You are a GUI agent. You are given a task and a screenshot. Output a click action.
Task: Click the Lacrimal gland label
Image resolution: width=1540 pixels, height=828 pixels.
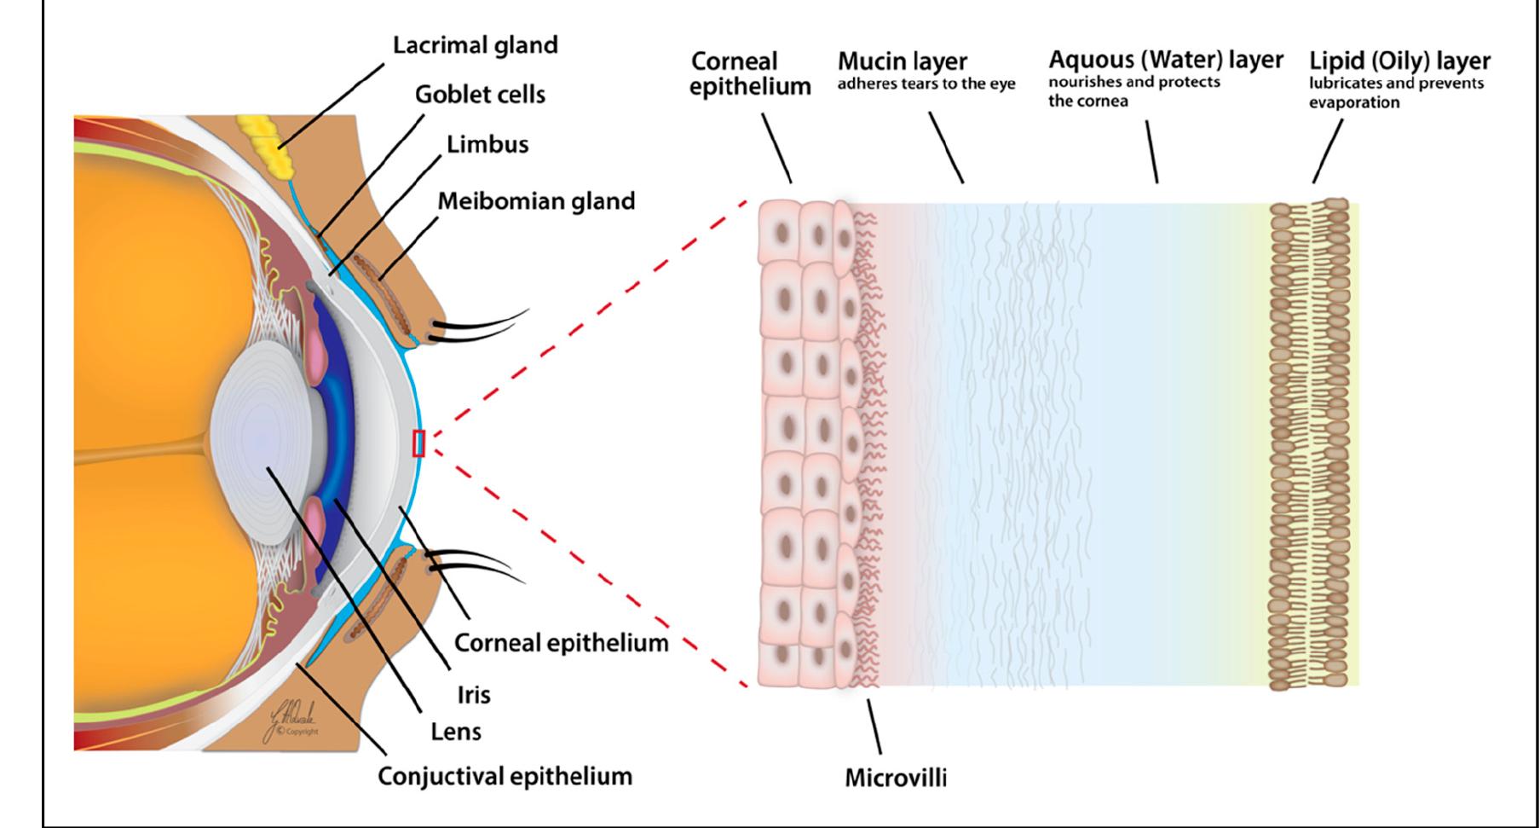point(475,45)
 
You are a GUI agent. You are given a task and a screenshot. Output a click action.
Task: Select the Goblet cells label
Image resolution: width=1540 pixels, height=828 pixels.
point(480,95)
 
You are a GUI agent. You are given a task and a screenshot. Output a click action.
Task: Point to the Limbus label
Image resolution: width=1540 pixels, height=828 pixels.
point(487,144)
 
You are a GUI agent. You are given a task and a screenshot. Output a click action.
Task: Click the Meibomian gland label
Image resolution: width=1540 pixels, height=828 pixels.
point(536,202)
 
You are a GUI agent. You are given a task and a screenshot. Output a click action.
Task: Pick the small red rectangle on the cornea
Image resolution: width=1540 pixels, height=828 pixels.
point(418,443)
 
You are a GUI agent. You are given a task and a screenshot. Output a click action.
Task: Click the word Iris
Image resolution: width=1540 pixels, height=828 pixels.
point(474,694)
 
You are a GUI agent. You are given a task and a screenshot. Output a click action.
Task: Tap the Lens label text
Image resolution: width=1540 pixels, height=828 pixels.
point(456,732)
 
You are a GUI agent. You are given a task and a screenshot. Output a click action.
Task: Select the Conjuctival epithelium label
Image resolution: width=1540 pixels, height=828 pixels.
point(505,777)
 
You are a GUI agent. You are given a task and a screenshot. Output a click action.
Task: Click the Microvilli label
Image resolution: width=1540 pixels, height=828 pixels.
point(895,778)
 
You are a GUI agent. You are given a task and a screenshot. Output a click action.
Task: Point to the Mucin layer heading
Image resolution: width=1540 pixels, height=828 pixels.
point(902,61)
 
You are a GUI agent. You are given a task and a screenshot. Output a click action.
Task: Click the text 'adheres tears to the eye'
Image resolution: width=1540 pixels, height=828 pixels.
point(926,84)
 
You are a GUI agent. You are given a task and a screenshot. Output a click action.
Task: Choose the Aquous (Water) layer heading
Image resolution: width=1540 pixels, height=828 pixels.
point(1165,60)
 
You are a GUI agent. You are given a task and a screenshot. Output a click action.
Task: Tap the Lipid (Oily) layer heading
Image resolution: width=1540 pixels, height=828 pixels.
point(1399,61)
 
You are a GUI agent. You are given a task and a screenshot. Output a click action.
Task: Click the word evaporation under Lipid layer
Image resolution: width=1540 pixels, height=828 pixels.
point(1353,102)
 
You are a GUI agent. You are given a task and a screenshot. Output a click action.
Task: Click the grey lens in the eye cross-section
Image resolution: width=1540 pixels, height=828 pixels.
point(264,443)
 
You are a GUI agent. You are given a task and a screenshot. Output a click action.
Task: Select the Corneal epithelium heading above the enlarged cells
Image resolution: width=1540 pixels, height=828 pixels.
point(749,74)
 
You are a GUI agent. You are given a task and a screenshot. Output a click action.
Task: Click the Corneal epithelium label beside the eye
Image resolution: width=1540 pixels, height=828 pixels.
point(561,643)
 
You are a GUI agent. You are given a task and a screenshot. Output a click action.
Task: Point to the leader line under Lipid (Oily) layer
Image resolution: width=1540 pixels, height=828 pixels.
point(1327,152)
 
